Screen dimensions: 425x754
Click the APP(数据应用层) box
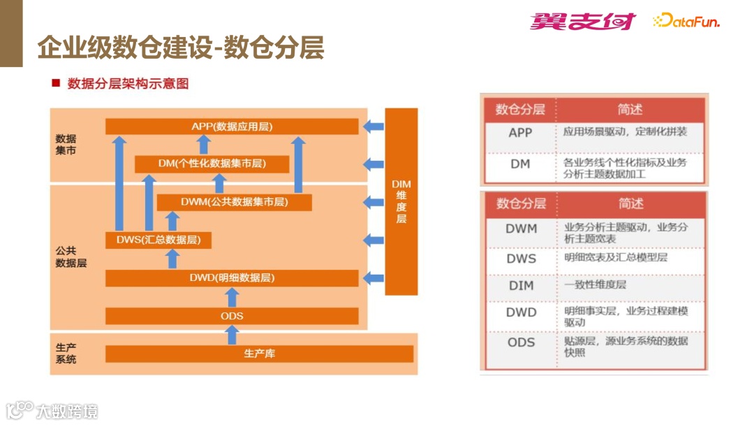point(232,127)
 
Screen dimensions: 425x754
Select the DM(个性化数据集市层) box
point(212,164)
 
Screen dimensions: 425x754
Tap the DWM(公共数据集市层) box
point(234,202)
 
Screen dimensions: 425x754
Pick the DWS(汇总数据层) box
point(158,240)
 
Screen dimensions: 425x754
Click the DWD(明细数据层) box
point(232,278)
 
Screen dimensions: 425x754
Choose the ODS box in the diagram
point(232,316)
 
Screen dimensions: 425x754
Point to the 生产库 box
point(259,354)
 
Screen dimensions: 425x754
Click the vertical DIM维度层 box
point(401,201)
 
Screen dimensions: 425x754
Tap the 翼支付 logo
point(582,22)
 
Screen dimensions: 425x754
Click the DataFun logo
point(686,22)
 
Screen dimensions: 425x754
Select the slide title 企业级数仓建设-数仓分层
point(180,48)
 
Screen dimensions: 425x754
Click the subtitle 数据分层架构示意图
point(128,84)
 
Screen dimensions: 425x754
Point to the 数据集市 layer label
point(66,145)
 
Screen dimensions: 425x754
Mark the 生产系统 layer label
point(66,353)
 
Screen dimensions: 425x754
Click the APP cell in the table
point(520,132)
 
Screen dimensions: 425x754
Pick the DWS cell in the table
point(521,259)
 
